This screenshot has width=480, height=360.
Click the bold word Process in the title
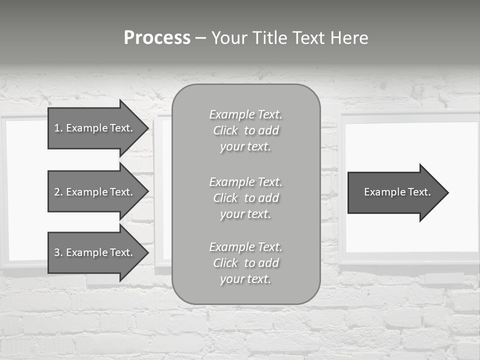click(157, 38)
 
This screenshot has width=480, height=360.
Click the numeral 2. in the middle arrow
click(58, 192)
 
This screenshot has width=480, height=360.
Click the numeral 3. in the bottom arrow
click(58, 252)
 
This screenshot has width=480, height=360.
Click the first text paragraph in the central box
click(245, 130)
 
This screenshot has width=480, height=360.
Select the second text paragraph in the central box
click(245, 198)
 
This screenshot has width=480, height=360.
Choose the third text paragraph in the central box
click(245, 263)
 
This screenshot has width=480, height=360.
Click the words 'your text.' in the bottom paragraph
click(245, 279)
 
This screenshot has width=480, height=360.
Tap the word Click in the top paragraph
click(225, 130)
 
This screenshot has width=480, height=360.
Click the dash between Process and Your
click(200, 38)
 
